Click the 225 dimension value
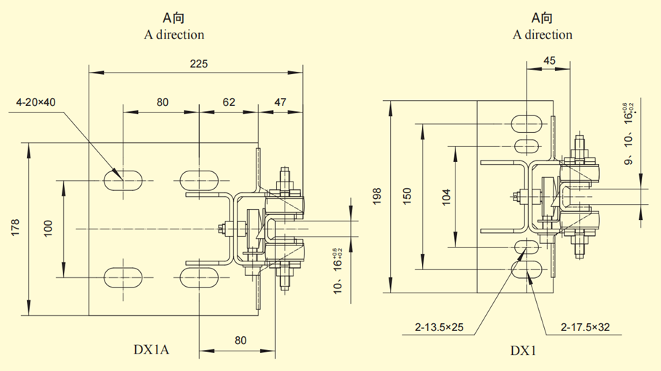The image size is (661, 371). (x=198, y=64)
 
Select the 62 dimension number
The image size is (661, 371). (x=229, y=102)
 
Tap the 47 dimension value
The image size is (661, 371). (x=280, y=102)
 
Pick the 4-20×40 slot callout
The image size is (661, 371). (x=36, y=102)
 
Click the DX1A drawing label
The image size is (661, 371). (x=152, y=350)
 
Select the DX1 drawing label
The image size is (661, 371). (x=522, y=351)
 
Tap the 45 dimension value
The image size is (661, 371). (x=550, y=61)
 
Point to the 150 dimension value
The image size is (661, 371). (x=408, y=196)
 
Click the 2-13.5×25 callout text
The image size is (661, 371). (x=439, y=327)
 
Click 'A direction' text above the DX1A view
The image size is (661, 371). (x=174, y=34)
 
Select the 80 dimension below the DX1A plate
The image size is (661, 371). (x=240, y=340)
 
